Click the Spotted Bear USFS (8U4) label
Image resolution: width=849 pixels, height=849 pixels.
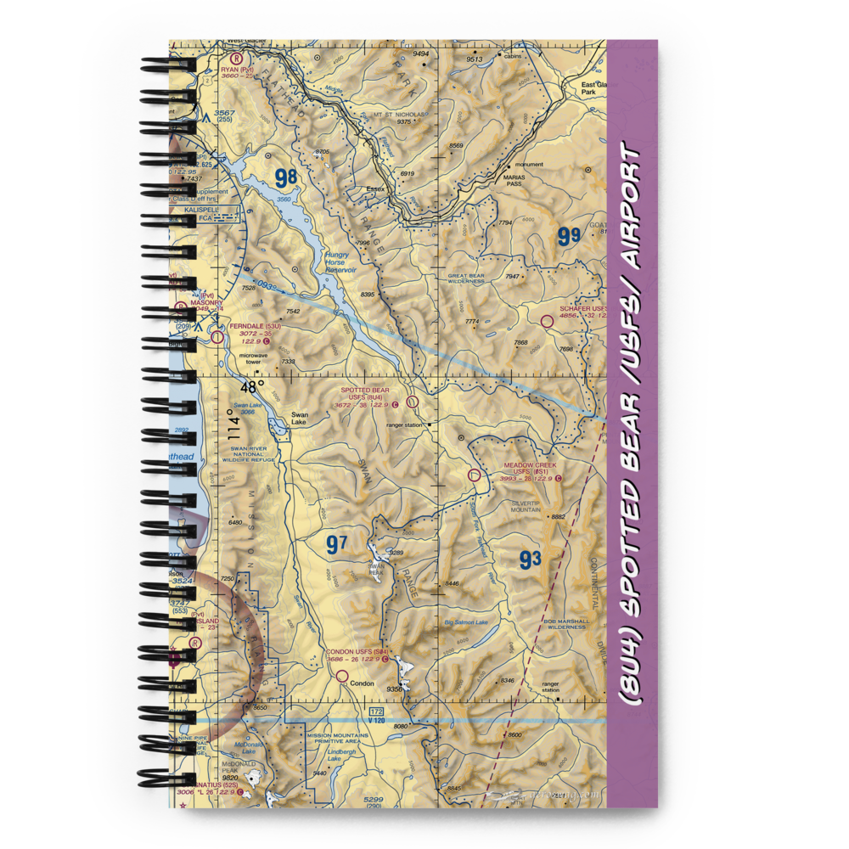(365, 394)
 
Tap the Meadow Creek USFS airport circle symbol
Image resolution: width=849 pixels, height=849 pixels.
(474, 476)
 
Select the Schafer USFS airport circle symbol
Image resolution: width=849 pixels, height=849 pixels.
(547, 321)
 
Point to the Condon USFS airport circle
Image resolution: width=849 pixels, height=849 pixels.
(342, 677)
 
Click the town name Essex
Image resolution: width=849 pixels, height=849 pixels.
(376, 188)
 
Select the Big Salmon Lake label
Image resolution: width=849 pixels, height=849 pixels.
(466, 622)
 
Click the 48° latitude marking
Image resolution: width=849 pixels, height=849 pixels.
(252, 386)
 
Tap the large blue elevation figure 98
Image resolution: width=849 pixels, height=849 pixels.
(286, 178)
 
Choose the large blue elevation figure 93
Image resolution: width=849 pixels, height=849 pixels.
(530, 559)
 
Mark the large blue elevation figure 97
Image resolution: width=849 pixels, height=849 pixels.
(337, 544)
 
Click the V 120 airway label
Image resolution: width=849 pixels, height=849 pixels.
(376, 720)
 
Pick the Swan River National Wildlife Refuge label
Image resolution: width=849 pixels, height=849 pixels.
(249, 454)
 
